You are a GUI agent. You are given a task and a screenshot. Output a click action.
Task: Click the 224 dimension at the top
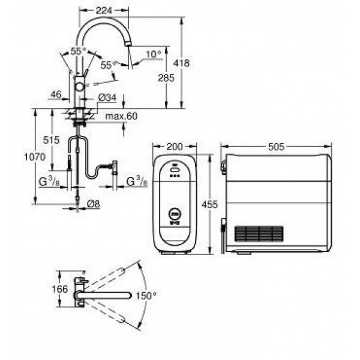point(104,10)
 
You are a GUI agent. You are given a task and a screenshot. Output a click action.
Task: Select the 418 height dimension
point(181,63)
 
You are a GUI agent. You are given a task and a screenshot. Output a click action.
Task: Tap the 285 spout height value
point(166,78)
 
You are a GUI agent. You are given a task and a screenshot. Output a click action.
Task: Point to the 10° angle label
point(154,54)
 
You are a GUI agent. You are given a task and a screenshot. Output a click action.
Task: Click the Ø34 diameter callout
point(107,98)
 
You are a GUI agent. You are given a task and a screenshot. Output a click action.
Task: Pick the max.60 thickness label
point(121,116)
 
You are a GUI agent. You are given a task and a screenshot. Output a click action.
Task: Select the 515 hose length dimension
point(51,140)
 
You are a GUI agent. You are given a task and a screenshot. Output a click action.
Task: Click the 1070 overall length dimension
point(35,157)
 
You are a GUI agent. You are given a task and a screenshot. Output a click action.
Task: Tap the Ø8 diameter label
point(94,204)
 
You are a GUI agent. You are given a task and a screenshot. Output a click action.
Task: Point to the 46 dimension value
point(56,94)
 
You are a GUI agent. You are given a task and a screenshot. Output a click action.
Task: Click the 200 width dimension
point(174,146)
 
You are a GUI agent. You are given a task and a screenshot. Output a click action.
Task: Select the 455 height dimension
point(209,204)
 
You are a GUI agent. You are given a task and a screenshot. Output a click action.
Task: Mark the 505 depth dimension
point(276,146)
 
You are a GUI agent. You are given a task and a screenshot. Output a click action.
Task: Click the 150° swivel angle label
point(146,295)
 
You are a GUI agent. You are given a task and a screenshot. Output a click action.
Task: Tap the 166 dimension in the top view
point(59,289)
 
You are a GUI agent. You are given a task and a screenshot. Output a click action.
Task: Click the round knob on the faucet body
point(80,87)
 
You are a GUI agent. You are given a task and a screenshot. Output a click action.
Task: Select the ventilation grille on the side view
point(259,234)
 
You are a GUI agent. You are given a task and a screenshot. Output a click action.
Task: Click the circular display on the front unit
point(175,214)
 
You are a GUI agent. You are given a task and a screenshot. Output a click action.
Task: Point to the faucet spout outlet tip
point(128,43)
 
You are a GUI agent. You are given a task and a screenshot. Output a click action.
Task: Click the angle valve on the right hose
point(114,167)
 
